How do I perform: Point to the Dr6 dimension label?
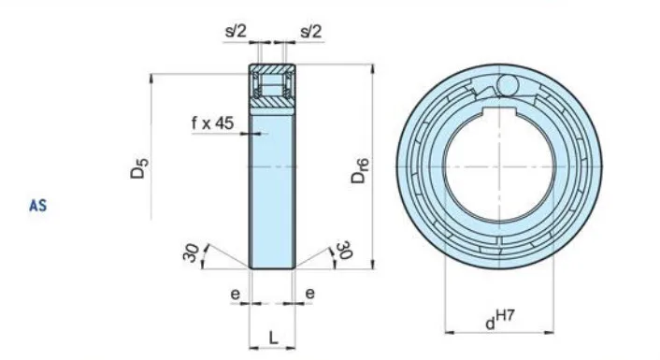[361, 171]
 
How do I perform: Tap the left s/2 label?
[237, 31]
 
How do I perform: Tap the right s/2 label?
[310, 31]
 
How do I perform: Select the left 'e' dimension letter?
[235, 293]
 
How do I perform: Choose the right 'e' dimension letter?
[309, 293]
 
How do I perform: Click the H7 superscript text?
[506, 320]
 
